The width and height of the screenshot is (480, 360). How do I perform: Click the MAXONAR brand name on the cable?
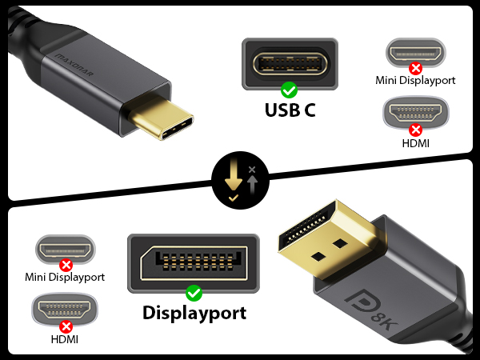[x=74, y=66]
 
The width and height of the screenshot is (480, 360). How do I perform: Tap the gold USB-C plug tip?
[x=162, y=118]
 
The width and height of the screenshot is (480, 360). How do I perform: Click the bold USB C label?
[x=290, y=110]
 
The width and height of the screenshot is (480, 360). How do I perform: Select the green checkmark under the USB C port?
[x=289, y=90]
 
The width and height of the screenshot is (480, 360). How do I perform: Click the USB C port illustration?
[x=290, y=64]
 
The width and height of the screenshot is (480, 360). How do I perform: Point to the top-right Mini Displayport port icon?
[x=416, y=53]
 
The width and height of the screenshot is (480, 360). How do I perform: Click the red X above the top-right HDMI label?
[x=415, y=130]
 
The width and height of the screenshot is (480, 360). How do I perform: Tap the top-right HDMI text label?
[x=415, y=143]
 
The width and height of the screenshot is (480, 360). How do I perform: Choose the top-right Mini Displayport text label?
[x=415, y=81]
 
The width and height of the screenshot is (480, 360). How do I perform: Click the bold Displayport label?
[x=194, y=313]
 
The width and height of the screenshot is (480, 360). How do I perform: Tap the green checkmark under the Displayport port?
[x=194, y=294]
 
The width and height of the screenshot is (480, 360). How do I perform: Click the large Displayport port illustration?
[x=194, y=263]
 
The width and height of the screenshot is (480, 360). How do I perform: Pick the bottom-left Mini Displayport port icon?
[x=66, y=249]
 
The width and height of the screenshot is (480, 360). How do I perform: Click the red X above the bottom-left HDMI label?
[x=66, y=326]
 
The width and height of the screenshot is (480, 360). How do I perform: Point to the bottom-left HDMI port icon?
[x=65, y=309]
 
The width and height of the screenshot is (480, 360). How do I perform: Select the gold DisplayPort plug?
[x=327, y=238]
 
